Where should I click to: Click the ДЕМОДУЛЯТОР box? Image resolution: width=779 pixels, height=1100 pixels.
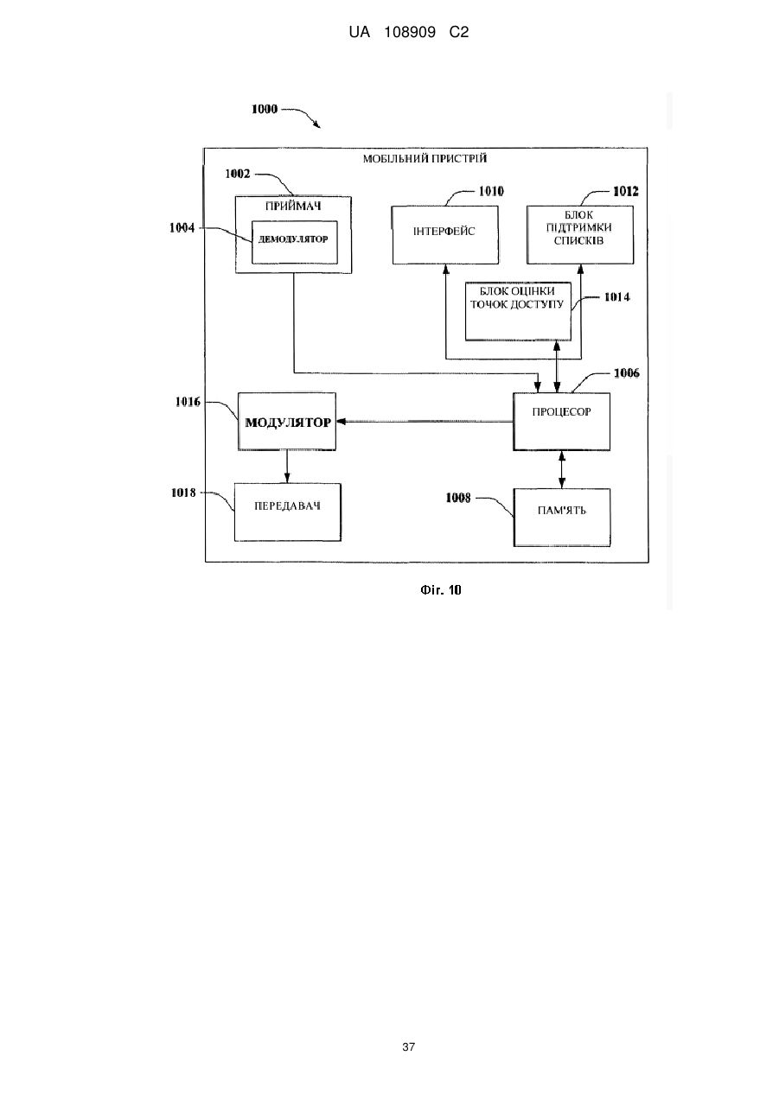point(295,242)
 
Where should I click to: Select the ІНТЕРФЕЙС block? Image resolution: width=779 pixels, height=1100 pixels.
point(445,235)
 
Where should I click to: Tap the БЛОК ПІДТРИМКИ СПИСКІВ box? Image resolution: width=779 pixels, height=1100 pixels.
point(580,235)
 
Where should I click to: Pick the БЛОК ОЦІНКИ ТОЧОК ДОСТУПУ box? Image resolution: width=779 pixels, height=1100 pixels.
point(518,311)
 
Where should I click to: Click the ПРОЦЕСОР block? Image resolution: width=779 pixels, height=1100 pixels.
point(561,422)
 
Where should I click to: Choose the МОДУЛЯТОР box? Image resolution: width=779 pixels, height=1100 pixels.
point(287,421)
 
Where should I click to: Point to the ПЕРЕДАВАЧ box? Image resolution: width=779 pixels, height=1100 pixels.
point(288,512)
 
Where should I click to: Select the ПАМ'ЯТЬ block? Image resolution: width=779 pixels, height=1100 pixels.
point(562,517)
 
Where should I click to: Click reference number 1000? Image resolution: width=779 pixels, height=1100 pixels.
point(265,109)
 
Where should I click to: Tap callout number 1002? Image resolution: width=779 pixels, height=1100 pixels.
point(238,174)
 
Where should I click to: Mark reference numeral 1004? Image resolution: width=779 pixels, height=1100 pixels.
point(182,228)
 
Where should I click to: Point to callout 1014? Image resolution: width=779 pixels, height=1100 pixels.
point(616,297)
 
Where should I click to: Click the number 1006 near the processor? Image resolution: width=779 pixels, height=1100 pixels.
point(627,373)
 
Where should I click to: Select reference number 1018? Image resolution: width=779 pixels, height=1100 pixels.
point(183,493)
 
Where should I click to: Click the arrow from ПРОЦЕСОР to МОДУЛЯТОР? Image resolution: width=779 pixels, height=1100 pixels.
point(425,422)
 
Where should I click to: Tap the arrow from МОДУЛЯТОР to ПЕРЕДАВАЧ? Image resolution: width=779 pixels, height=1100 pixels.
point(287,467)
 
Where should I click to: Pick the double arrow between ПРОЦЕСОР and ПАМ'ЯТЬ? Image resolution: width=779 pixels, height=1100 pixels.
point(562,469)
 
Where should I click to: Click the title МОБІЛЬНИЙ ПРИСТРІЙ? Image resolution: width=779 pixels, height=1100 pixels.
point(425,159)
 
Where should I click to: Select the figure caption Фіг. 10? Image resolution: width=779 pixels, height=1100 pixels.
point(440,590)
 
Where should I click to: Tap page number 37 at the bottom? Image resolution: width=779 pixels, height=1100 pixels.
point(408,1046)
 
